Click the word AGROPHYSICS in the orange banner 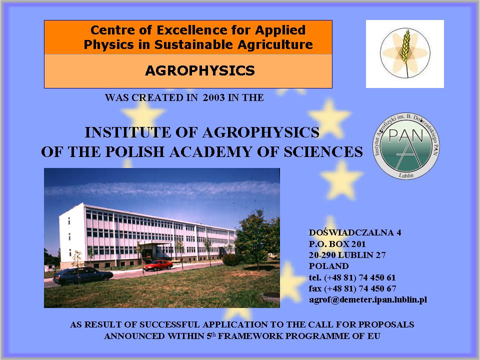coord(200,70)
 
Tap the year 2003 coord(213,97)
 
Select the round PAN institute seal coord(406,146)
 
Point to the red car coord(158,265)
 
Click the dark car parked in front coord(83,275)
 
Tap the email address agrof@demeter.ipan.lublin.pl coord(368,299)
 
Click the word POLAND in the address coord(329,266)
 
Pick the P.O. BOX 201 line coord(337,244)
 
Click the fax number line coord(352,288)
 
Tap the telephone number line coord(352,277)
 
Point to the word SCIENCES coord(323,152)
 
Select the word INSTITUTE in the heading coord(127,132)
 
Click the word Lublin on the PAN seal coord(406,175)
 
